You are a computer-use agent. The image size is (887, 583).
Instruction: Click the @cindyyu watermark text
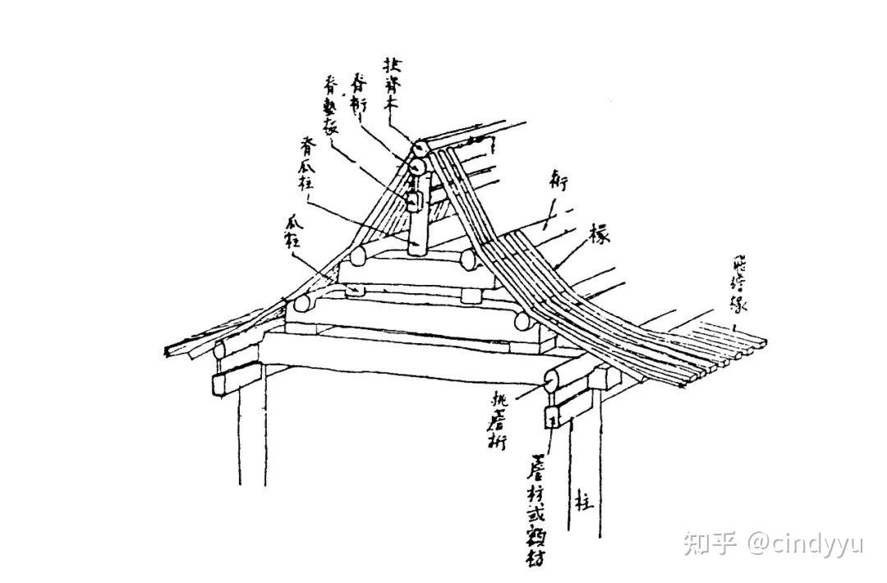point(804,544)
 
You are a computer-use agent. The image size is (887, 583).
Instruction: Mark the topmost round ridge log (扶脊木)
point(419,149)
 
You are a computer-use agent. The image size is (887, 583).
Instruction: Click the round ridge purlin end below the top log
point(417,168)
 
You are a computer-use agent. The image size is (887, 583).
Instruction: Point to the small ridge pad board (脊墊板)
point(413,198)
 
